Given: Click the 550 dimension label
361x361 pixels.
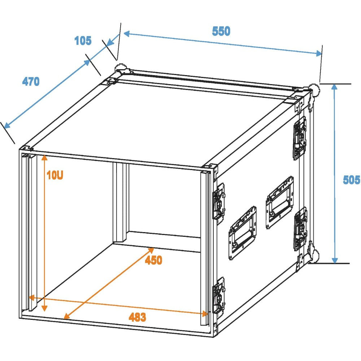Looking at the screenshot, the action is point(221,31).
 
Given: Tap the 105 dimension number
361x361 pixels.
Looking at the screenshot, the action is point(83,41).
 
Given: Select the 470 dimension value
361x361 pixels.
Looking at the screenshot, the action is point(31,82).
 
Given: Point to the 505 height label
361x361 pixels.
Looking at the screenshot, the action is point(351,179).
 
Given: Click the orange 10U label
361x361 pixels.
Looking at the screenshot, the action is point(55,175).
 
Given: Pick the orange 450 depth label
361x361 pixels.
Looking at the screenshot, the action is point(153,260).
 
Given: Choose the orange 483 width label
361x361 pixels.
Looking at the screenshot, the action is point(137,317).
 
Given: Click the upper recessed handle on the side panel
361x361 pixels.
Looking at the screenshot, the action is point(280,203).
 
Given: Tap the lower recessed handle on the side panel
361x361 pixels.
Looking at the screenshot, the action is point(243,233).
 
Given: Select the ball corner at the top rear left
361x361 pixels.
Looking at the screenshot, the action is point(121,69).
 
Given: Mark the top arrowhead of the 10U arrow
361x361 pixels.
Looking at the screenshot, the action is point(45,157).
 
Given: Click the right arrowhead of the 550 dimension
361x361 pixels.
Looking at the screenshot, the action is point(319,53).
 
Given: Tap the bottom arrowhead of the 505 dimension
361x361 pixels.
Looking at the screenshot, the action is point(335,261).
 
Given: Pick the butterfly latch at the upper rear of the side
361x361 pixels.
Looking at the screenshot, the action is point(300,138).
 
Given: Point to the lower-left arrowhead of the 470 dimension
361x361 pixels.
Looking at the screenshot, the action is point(7,126).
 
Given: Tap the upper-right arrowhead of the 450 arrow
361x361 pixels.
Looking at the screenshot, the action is point(151,250).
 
